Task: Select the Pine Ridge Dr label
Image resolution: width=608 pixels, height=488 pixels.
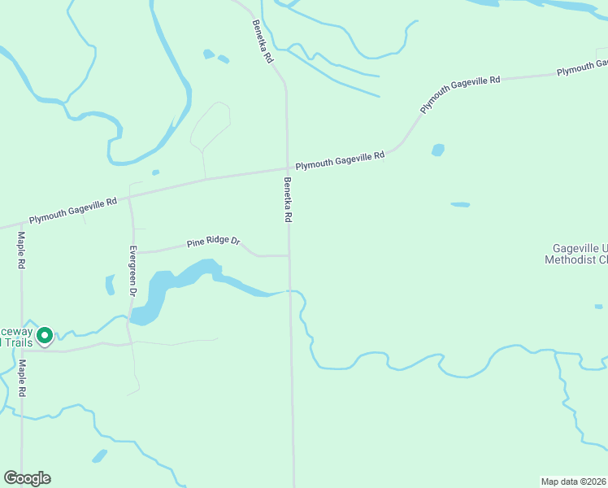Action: coord(214,242)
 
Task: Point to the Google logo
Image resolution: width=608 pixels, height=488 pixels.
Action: coord(27,478)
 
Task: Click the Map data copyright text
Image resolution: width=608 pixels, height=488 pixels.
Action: coord(573,481)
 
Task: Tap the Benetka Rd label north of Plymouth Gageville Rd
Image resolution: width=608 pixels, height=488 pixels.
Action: coord(263,42)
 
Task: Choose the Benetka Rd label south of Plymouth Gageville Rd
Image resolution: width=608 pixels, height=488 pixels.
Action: coord(288,200)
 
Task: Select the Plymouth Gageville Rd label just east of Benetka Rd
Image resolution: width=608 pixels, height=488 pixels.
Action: coord(340,160)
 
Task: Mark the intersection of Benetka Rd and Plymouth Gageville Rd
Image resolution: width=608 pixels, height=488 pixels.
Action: coord(287,169)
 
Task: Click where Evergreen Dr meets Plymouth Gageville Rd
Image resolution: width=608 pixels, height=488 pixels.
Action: coord(129,196)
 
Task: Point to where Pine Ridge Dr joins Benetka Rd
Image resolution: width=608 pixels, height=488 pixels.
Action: coord(289,255)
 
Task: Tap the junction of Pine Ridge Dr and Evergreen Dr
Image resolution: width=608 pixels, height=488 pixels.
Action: coord(133,253)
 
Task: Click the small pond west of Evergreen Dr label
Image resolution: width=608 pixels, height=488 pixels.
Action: coord(110,285)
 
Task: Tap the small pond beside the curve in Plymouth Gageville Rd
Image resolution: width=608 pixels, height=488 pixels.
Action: coord(438,150)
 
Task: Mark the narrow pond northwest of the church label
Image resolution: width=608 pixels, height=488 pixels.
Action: coord(460,204)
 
